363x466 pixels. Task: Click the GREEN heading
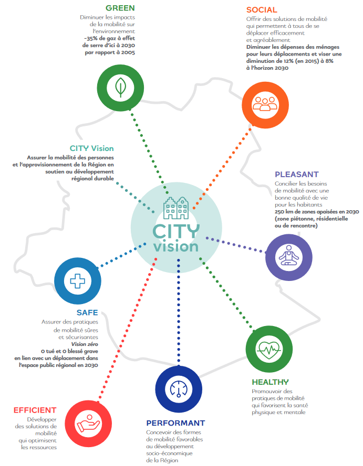click(x=120, y=8)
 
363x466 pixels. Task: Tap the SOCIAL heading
click(x=262, y=10)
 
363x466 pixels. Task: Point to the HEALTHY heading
click(x=271, y=382)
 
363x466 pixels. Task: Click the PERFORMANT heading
click(x=175, y=423)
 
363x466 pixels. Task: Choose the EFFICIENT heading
click(x=35, y=410)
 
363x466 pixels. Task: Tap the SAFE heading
click(x=87, y=312)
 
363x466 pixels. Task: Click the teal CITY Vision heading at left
click(x=92, y=148)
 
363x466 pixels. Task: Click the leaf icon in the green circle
click(x=121, y=88)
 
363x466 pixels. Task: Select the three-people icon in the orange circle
click(x=265, y=104)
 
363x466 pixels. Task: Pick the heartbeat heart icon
click(x=269, y=350)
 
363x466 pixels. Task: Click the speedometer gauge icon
click(x=179, y=389)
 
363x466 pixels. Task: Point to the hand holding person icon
click(x=88, y=424)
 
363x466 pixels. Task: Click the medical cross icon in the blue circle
click(x=77, y=281)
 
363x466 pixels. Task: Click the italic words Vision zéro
click(x=85, y=344)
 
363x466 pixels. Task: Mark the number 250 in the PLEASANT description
click(x=279, y=212)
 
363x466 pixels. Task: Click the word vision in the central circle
click(x=176, y=247)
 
